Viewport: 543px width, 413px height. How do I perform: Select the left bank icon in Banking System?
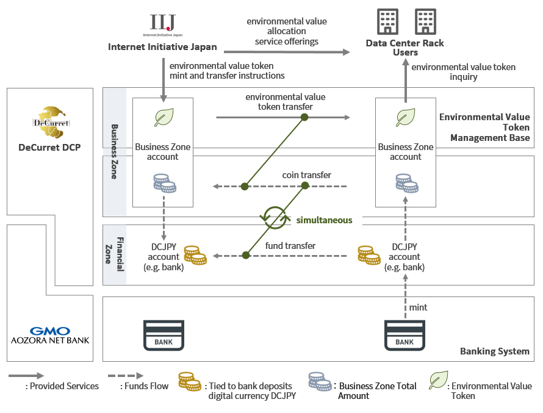tap(164, 335)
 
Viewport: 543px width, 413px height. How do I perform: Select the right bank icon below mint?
tap(405, 335)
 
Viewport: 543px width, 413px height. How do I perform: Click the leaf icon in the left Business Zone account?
tap(163, 118)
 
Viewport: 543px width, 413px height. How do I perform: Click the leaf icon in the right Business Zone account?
tap(406, 118)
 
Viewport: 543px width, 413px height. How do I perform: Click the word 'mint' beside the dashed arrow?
tap(418, 307)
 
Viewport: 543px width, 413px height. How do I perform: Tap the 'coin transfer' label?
tap(306, 175)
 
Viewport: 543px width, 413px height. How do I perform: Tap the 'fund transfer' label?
tap(290, 245)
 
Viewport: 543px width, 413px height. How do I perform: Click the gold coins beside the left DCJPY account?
tap(195, 255)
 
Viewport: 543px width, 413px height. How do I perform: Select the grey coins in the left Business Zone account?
tap(164, 183)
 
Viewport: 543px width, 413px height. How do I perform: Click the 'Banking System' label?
tap(494, 351)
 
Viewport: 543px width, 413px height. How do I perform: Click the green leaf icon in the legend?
tap(438, 380)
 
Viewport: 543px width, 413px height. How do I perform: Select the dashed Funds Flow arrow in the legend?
tap(126, 376)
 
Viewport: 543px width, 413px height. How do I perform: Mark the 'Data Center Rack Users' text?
tap(405, 48)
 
